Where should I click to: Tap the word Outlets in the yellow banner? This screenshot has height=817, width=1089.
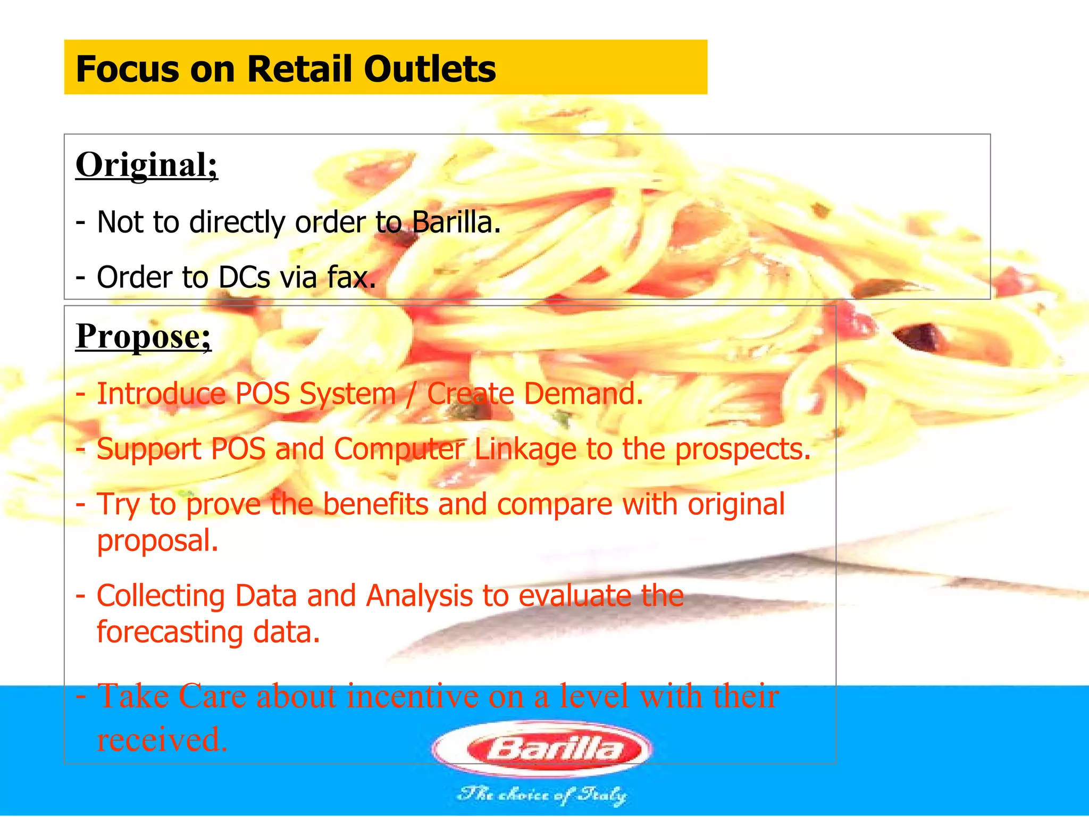(x=430, y=69)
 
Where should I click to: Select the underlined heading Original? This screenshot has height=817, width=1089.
(x=147, y=165)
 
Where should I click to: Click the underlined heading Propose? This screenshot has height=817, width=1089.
(x=144, y=336)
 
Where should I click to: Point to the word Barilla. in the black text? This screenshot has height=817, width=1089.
(x=456, y=222)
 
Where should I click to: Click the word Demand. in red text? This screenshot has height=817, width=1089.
(x=583, y=394)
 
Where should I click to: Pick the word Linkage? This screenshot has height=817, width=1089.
(x=525, y=449)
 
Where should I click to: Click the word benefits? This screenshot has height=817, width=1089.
(x=375, y=504)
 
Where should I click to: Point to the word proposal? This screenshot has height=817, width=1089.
(x=157, y=541)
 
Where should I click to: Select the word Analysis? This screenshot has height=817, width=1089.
(x=419, y=596)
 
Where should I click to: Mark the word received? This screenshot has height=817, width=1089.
(x=162, y=739)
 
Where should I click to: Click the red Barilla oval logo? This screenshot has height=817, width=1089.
(x=543, y=749)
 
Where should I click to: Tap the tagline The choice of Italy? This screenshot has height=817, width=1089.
(x=542, y=795)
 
